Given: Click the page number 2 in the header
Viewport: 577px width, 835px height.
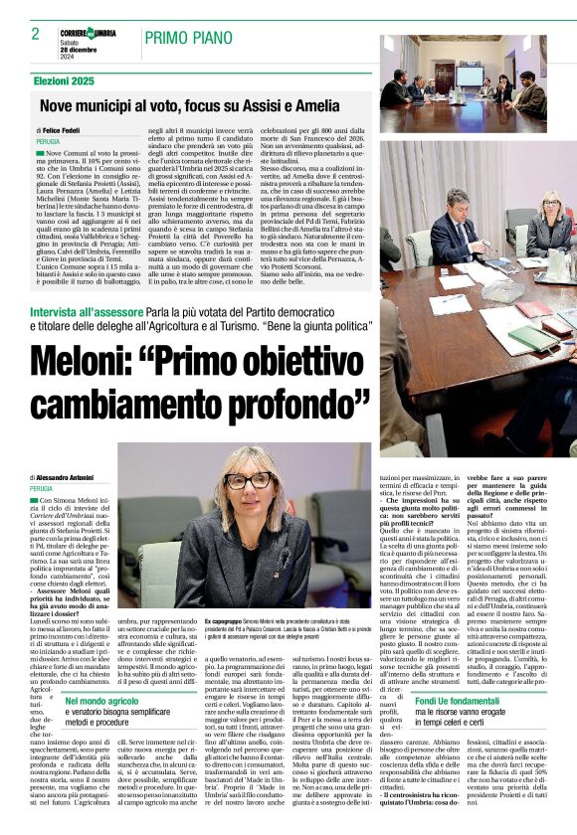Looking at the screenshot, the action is [35, 33].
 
